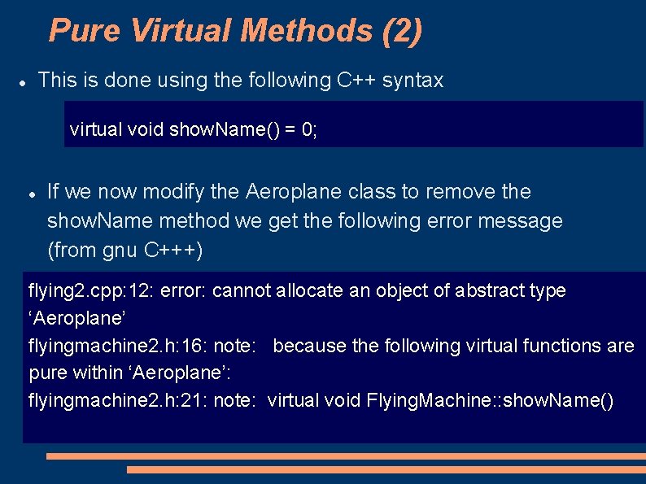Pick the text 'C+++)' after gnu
click(x=174, y=251)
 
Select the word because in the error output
click(x=310, y=346)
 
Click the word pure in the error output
click(x=47, y=373)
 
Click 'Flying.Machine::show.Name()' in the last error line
click(x=491, y=400)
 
